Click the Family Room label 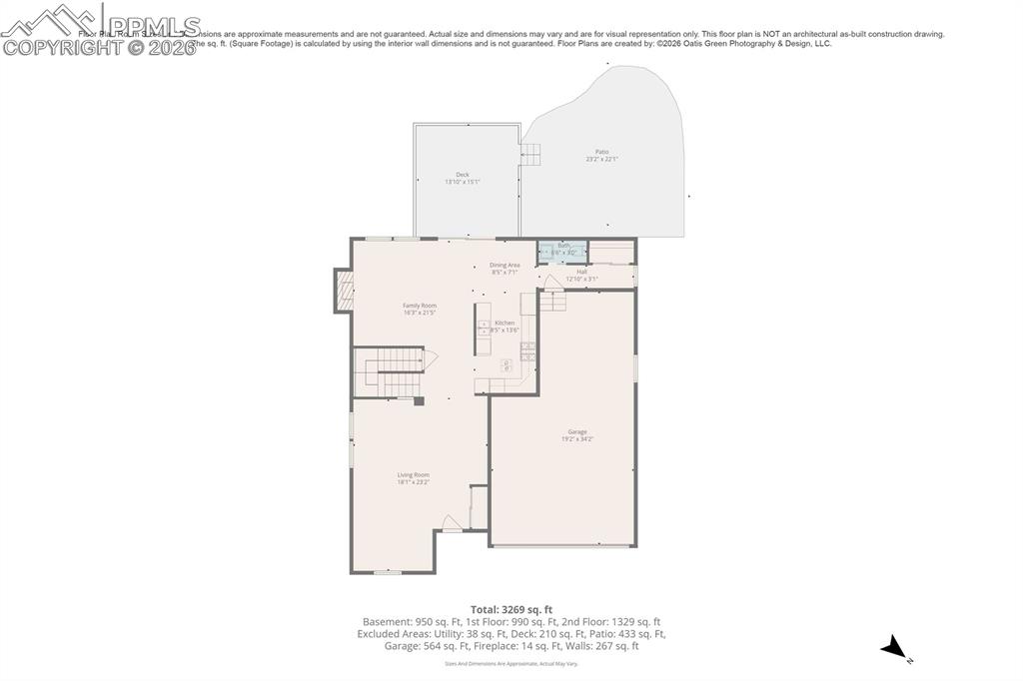[420, 306]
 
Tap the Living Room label [413, 475]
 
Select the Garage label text [577, 431]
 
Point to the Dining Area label [505, 265]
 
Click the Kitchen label [506, 323]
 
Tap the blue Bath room [562, 250]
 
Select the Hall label [581, 271]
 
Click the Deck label [463, 175]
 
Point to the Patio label [601, 152]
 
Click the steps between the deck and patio [529, 154]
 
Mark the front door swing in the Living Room [452, 523]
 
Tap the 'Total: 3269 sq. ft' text [511, 609]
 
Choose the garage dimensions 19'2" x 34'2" [577, 438]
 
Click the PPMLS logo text [150, 25]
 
